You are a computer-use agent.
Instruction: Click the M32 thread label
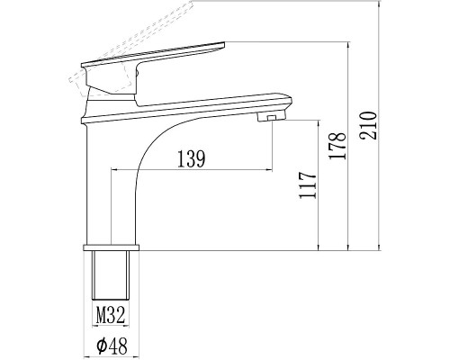tap(111, 315)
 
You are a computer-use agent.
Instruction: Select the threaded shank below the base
tap(112, 276)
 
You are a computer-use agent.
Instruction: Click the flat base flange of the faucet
tap(112, 246)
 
